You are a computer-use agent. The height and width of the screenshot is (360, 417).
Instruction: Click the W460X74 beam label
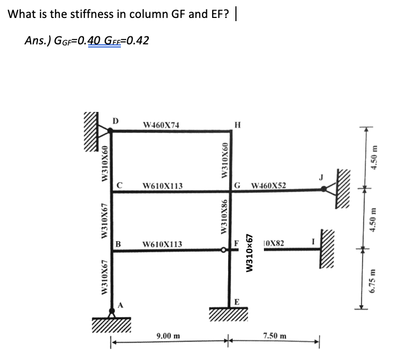coord(161,125)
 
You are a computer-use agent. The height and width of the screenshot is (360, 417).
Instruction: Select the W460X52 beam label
coord(269,185)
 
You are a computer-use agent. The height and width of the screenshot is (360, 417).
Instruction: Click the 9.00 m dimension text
coord(168,336)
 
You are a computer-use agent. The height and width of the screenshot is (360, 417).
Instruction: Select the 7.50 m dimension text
coord(275,336)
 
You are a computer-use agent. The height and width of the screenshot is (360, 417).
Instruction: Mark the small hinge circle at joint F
coord(225,252)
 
